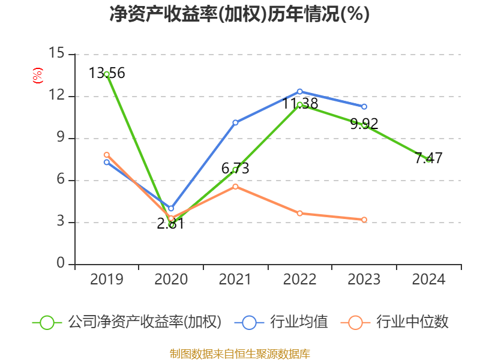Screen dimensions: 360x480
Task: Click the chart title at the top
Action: point(239,14)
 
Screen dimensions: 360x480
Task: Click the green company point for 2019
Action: point(107,74)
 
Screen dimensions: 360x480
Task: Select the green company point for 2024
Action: point(429,159)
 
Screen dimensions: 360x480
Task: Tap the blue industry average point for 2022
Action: point(300,91)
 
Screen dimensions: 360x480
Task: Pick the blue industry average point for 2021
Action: point(235,122)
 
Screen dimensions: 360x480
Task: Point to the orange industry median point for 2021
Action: point(235,187)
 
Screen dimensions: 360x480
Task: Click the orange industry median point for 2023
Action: point(364,220)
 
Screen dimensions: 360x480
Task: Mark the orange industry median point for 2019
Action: point(107,155)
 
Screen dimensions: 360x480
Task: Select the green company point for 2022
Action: point(300,104)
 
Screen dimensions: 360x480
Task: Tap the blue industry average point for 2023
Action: point(364,107)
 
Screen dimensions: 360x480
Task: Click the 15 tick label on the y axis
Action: point(56,54)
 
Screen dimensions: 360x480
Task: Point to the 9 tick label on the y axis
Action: point(61,138)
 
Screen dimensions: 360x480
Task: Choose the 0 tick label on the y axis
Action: point(61,264)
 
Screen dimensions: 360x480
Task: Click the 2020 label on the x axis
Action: point(171,280)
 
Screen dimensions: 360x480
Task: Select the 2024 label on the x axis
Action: point(429,280)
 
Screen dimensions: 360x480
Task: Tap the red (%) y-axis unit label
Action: point(38,76)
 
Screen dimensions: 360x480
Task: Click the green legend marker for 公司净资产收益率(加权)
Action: point(47,322)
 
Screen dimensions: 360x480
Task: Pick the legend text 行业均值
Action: point(299,322)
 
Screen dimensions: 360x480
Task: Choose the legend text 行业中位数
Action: point(412,322)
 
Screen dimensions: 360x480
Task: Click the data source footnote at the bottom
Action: point(239,353)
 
